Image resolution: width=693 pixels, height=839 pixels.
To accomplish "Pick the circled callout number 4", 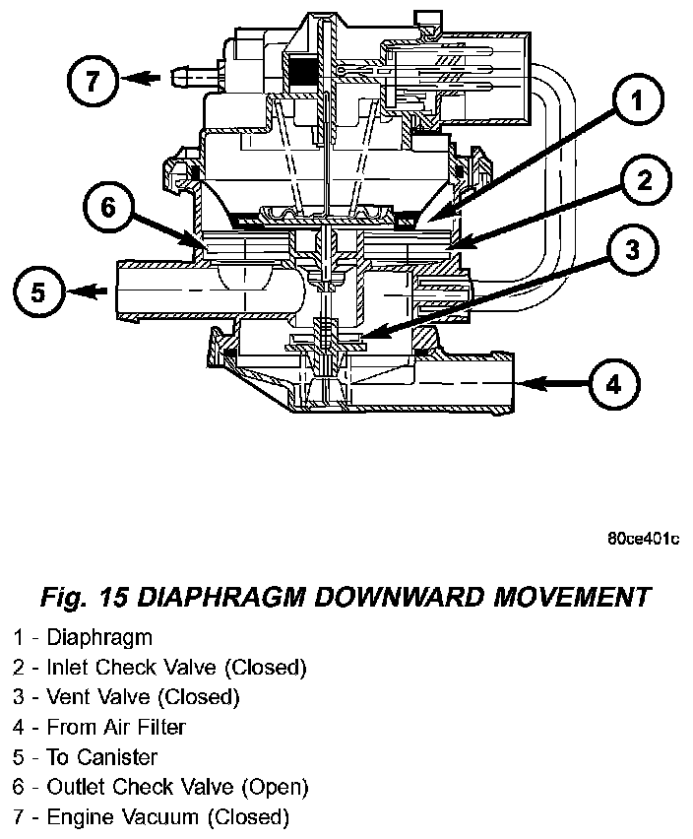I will pyautogui.click(x=613, y=384).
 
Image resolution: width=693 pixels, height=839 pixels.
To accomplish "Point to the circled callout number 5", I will pyautogui.click(x=38, y=291).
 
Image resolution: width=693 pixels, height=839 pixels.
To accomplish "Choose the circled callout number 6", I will pyautogui.click(x=107, y=206).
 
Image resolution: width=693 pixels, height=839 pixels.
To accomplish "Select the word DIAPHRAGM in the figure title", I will pyautogui.click(x=212, y=597).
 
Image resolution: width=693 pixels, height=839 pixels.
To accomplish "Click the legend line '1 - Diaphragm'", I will pyautogui.click(x=84, y=637).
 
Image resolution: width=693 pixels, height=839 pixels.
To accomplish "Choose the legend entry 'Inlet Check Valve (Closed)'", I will pyautogui.click(x=176, y=668).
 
